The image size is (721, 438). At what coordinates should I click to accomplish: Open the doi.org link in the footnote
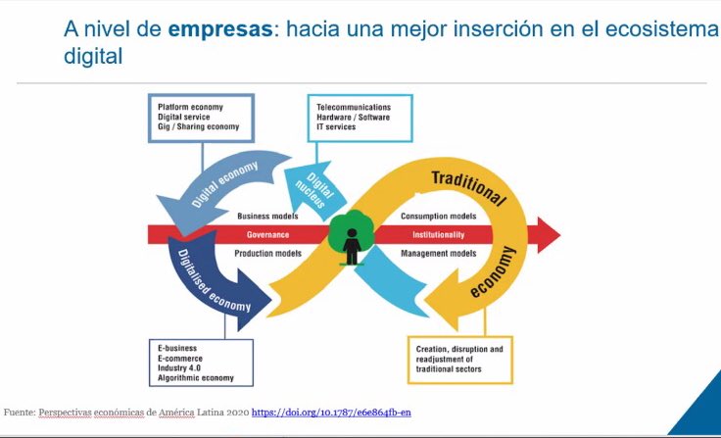tap(331, 413)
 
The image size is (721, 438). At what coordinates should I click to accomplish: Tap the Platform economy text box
tap(200, 117)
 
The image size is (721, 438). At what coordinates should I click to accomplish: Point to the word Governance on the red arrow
tap(267, 235)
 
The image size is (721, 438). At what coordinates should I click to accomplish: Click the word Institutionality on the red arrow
tap(438, 235)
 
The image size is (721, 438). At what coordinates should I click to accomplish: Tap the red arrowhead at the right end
tap(547, 235)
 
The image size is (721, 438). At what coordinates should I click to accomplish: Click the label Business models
tap(267, 216)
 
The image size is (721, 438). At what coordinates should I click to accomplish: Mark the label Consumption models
tap(438, 216)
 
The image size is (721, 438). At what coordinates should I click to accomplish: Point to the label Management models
tap(438, 254)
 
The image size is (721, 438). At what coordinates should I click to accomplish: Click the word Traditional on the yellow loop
tap(468, 186)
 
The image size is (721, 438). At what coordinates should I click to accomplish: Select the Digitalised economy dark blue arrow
tap(216, 284)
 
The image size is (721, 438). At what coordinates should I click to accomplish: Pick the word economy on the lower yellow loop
tap(492, 276)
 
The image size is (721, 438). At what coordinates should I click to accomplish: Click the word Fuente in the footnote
tap(19, 413)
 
